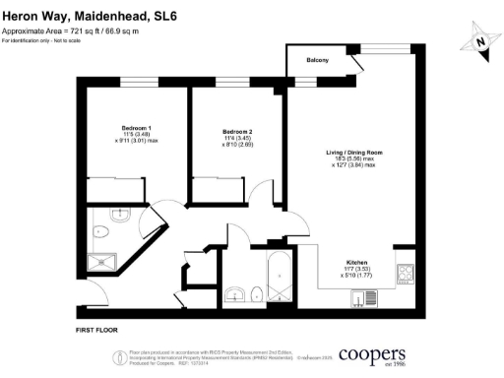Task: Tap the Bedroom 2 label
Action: (x=238, y=132)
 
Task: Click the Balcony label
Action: (x=317, y=61)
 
